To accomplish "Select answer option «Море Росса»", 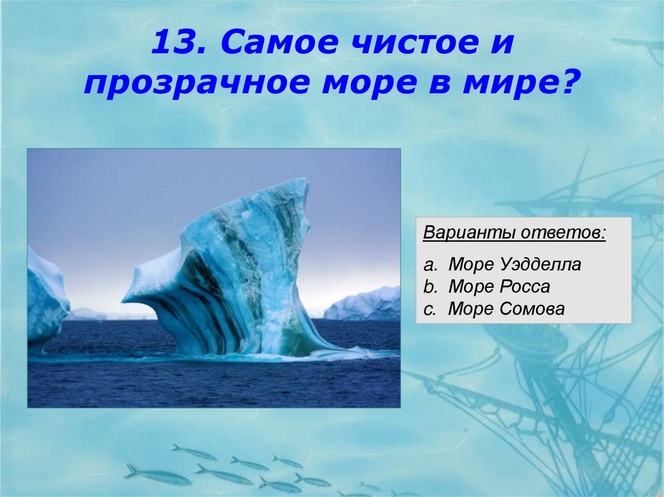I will (x=499, y=287).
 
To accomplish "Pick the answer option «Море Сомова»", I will (x=506, y=309).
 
